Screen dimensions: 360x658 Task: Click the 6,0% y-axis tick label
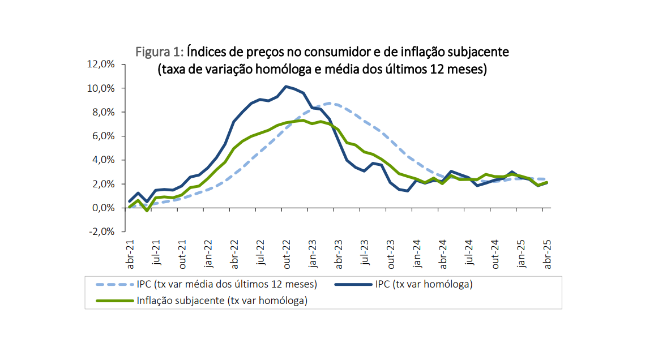[x=103, y=136]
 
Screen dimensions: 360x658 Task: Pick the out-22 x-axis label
[x=287, y=256]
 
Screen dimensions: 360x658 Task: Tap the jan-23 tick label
[x=313, y=256]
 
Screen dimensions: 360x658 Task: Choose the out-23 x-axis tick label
[x=391, y=256]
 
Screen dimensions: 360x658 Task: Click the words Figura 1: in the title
[x=159, y=52]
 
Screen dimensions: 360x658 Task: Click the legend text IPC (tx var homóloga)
[x=424, y=284]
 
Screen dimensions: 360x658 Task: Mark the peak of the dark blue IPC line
[x=287, y=86]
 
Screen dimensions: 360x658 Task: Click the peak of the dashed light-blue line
[x=334, y=104]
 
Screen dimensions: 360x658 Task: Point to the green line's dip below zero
[x=147, y=211]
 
